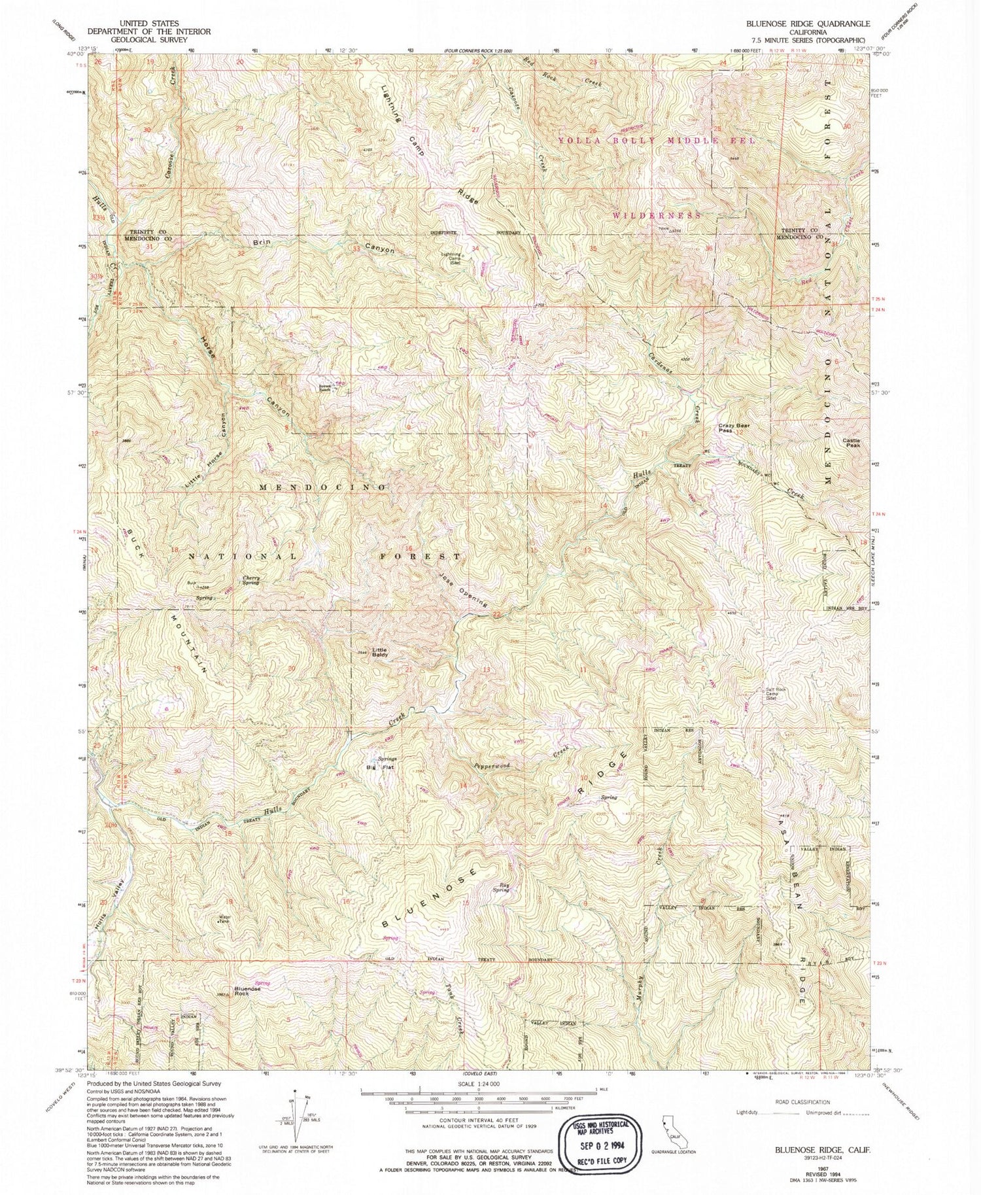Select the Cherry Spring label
251,580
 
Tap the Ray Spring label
501,888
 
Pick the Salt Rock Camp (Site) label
768,693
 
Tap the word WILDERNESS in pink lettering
657,215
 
